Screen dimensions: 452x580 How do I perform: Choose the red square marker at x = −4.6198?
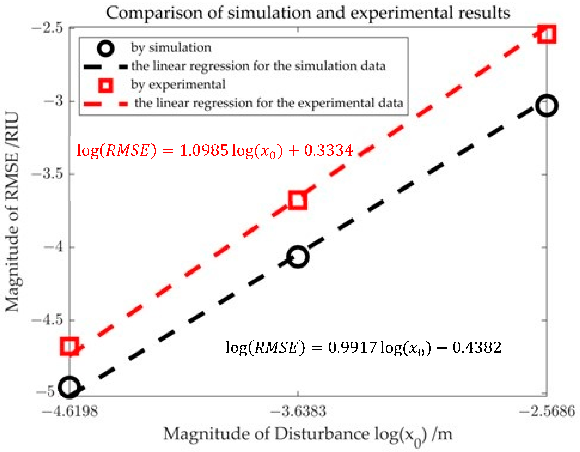(70, 347)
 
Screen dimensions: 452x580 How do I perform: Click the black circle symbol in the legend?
(106, 48)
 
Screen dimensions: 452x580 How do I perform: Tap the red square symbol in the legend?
(106, 86)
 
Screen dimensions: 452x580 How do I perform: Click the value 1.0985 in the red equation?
(204, 150)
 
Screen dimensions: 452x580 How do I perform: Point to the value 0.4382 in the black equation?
(477, 347)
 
